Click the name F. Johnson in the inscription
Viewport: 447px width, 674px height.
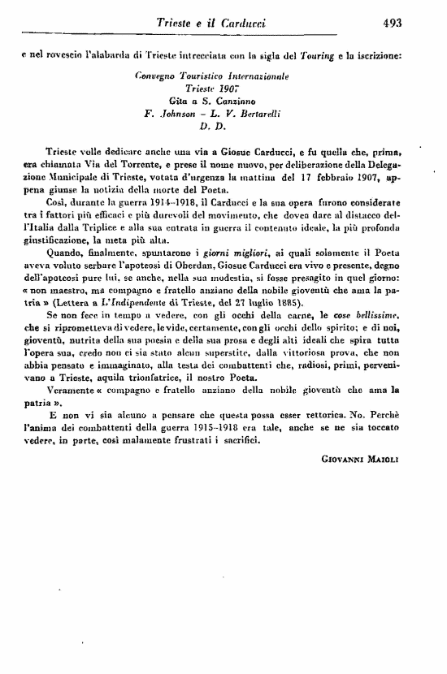pyautogui.click(x=168, y=114)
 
